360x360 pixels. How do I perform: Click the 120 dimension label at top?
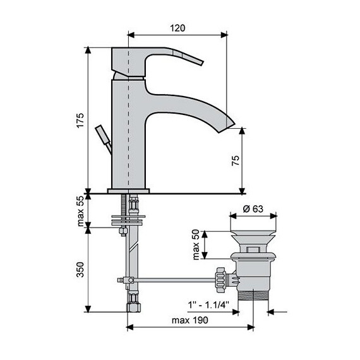click(x=177, y=28)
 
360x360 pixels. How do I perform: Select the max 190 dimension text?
click(x=191, y=320)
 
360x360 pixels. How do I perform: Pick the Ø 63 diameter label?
click(x=252, y=210)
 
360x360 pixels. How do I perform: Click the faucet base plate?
click(x=129, y=189)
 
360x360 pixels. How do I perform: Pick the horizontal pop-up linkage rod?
click(x=174, y=279)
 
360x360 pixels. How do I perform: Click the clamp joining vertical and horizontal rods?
click(x=126, y=279)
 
